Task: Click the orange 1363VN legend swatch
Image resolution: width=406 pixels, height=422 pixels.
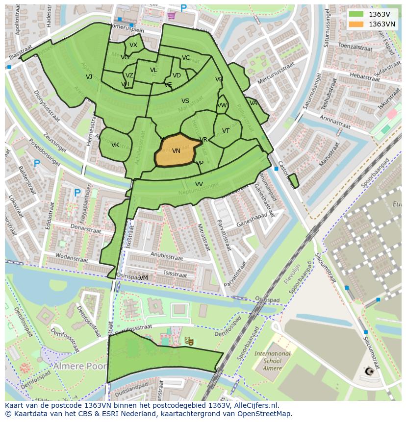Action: click(x=356, y=24)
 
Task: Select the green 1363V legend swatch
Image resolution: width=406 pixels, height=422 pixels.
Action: click(x=356, y=14)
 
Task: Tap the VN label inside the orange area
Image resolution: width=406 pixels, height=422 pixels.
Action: click(x=176, y=151)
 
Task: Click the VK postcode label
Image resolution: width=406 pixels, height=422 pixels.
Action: click(x=115, y=145)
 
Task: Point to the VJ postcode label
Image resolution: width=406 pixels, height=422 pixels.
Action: click(x=89, y=77)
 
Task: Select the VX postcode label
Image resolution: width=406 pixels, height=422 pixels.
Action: click(x=133, y=45)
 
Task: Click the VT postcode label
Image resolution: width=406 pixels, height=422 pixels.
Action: click(x=226, y=131)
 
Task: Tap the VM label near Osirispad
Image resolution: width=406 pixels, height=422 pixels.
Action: click(x=144, y=278)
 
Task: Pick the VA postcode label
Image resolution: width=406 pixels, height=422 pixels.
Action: click(x=254, y=103)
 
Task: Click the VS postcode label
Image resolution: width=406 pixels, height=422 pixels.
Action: click(x=185, y=101)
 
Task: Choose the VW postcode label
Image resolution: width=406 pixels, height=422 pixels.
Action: click(x=223, y=105)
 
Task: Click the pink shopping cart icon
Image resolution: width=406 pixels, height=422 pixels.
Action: click(x=171, y=15)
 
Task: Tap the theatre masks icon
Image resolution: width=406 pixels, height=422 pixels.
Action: click(x=188, y=340)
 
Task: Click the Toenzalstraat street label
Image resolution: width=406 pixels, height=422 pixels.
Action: click(x=355, y=48)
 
